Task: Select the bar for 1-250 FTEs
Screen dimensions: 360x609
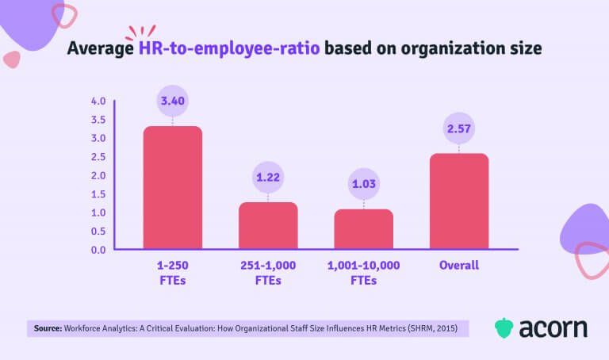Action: pyautogui.click(x=172, y=187)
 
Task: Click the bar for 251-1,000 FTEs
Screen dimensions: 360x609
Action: pyautogui.click(x=268, y=225)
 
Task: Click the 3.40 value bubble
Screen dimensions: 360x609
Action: pyautogui.click(x=172, y=101)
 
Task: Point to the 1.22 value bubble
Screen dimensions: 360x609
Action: pyautogui.click(x=268, y=178)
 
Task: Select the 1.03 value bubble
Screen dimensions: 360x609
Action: pyautogui.click(x=363, y=185)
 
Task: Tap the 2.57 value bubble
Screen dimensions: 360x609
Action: pyautogui.click(x=459, y=128)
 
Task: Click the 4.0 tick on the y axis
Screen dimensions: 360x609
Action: pyautogui.click(x=98, y=101)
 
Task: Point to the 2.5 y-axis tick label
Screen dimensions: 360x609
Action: pyautogui.click(x=98, y=157)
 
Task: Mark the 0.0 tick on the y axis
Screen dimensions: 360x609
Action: pyautogui.click(x=98, y=250)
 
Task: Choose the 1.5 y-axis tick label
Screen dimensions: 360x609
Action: pyautogui.click(x=98, y=194)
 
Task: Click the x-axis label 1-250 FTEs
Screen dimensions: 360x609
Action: pyautogui.click(x=172, y=272)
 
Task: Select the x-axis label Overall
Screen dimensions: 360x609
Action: pyautogui.click(x=459, y=266)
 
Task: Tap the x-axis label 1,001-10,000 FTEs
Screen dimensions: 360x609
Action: pyautogui.click(x=363, y=272)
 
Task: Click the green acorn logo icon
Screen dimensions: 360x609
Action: pyautogui.click(x=504, y=327)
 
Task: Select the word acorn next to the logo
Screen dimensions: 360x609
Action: pyautogui.click(x=553, y=327)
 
